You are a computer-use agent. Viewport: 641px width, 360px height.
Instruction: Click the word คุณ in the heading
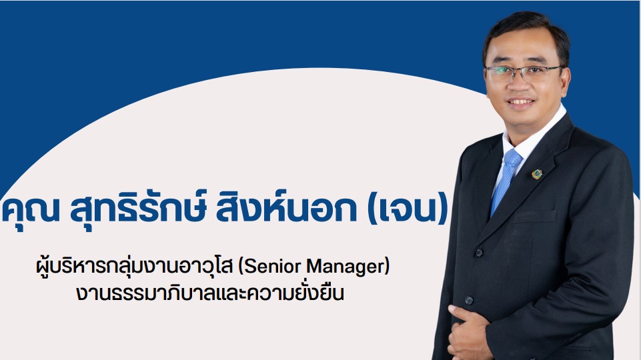31,210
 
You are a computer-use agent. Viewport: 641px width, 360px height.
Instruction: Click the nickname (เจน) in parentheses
408,211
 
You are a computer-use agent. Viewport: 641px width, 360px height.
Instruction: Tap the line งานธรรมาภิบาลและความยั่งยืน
209,293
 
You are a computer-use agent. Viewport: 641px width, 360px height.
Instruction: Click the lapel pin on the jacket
536,175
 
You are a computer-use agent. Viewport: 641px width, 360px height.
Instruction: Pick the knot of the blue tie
513,158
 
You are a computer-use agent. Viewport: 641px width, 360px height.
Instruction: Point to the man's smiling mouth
520,102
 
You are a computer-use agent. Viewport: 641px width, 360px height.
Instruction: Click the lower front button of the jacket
470,301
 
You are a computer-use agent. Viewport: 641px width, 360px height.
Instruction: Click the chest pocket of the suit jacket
535,216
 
